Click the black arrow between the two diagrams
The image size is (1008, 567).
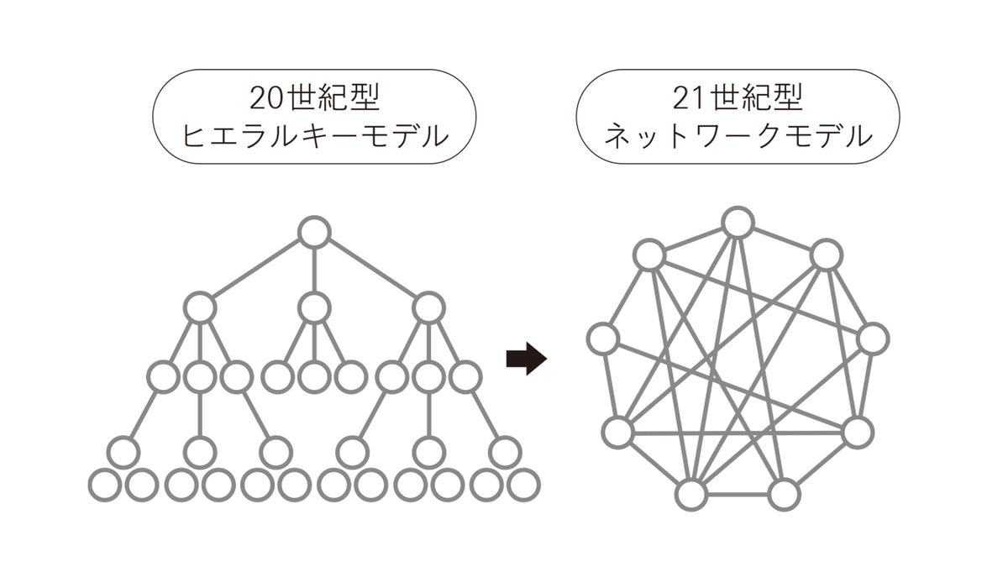(527, 359)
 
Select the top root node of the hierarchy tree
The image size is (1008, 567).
(314, 233)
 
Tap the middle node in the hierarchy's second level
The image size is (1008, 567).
(314, 308)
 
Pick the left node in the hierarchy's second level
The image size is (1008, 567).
(200, 308)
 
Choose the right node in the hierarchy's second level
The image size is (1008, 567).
(428, 308)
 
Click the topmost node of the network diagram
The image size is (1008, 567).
(738, 223)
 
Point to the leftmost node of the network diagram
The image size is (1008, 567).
(603, 339)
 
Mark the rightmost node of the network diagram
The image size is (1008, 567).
(873, 338)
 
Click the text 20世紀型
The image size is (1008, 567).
(314, 99)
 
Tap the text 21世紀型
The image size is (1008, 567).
(738, 99)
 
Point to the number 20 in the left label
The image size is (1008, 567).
(266, 99)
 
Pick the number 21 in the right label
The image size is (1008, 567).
(690, 99)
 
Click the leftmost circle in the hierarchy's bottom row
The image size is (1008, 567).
(104, 485)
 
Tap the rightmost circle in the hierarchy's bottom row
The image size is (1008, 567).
(524, 485)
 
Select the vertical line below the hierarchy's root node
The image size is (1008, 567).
(314, 270)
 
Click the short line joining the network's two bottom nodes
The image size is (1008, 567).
(738, 495)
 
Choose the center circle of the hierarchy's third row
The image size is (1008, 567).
(314, 376)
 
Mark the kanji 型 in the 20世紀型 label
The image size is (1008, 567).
(363, 99)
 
